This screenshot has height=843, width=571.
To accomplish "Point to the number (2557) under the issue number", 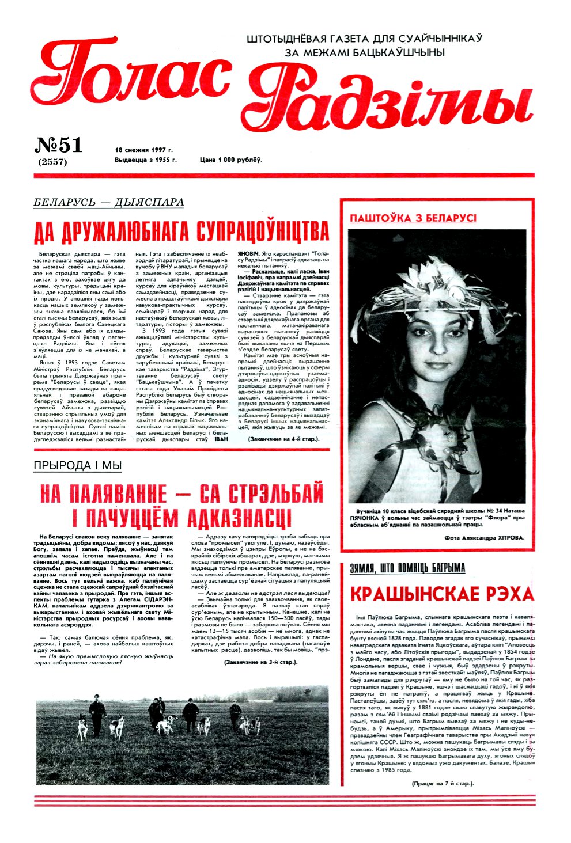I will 52,162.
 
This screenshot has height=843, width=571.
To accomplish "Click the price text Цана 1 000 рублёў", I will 231,160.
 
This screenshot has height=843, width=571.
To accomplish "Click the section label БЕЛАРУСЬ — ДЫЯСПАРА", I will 109,202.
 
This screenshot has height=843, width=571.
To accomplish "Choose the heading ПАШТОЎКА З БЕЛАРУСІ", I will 413,218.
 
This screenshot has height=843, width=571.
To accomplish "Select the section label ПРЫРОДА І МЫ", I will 78,465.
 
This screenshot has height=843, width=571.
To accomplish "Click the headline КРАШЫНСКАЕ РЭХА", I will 442,594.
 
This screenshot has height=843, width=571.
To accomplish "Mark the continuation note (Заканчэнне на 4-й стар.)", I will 275,439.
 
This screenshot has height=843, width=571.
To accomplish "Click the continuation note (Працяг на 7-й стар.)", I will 443,783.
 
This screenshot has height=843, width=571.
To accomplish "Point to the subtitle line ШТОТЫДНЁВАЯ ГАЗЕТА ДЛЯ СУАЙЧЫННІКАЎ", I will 364,39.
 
